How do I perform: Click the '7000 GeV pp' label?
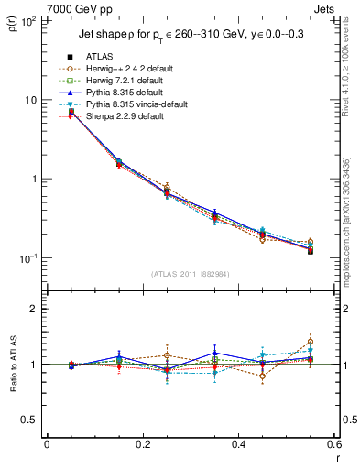[x=80, y=9]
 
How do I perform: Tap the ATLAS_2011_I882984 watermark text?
[x=191, y=274]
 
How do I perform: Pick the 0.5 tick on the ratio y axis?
[x=29, y=420]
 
